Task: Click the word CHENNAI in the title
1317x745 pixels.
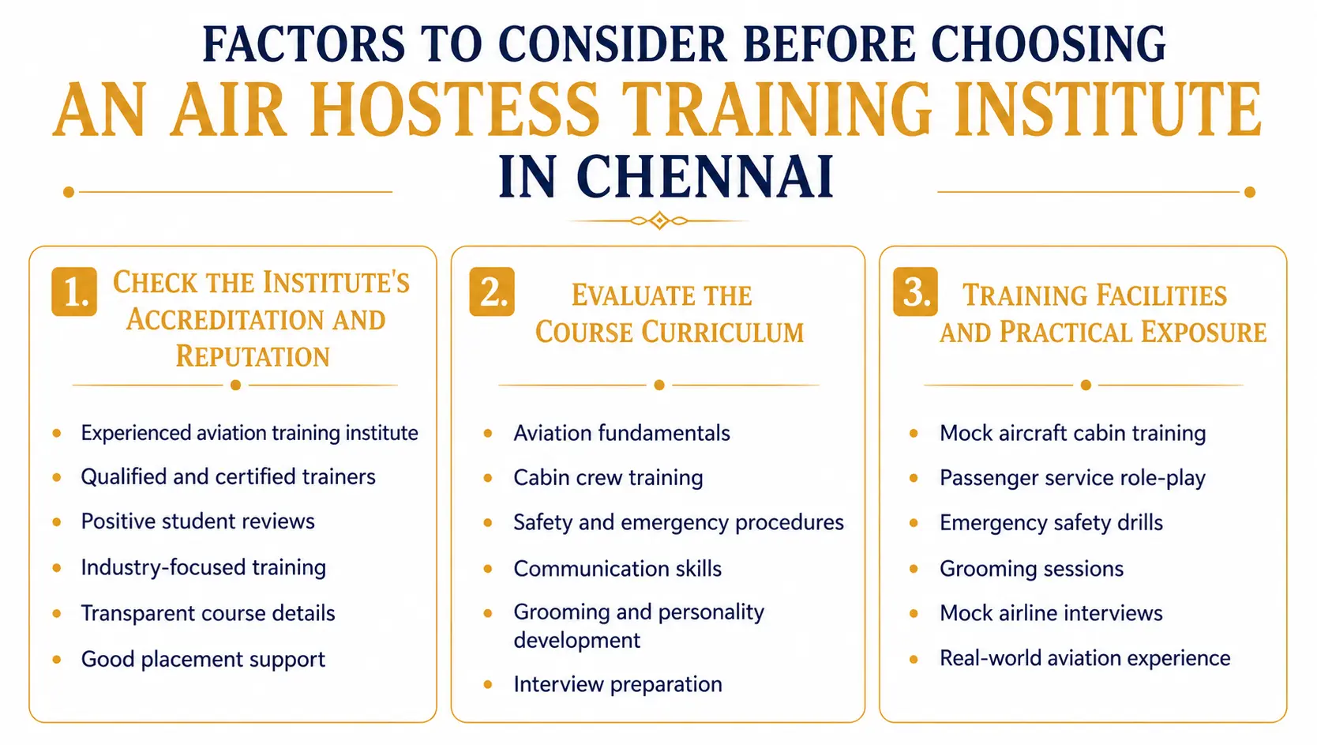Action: click(705, 177)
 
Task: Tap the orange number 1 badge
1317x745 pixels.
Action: click(74, 292)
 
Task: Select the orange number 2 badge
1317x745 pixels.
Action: click(492, 292)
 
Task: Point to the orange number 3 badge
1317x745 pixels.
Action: click(915, 292)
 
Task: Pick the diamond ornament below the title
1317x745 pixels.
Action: click(659, 220)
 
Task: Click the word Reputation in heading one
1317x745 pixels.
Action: click(253, 356)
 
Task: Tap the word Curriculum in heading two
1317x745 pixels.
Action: click(722, 332)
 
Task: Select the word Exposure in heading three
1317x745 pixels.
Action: click(1203, 332)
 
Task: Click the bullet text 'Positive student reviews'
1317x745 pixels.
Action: click(197, 521)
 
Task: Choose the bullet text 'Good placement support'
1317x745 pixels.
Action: click(203, 659)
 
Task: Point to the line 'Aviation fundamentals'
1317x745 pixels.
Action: click(621, 433)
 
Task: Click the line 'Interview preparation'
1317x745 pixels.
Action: click(618, 684)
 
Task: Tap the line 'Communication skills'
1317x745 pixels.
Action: click(617, 569)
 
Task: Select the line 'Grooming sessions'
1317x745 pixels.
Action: click(1031, 569)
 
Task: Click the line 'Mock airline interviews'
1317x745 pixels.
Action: click(1051, 613)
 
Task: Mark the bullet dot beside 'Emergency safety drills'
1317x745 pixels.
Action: click(914, 522)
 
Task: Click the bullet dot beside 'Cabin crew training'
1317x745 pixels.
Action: click(488, 478)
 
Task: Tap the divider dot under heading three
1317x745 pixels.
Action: click(1086, 386)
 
